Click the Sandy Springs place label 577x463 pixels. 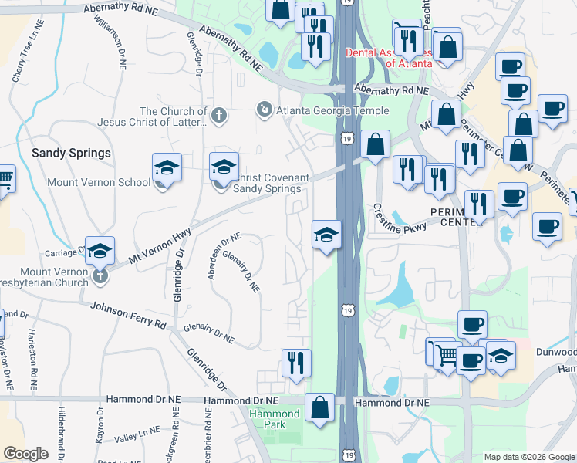point(71,153)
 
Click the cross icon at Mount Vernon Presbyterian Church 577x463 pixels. point(100,275)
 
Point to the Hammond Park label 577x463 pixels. point(274,420)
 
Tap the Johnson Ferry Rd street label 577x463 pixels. point(128,315)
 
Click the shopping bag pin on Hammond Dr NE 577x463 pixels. point(319,407)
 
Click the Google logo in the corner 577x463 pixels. point(26,454)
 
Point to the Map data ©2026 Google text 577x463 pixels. point(528,457)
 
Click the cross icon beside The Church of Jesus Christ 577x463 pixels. point(219,116)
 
